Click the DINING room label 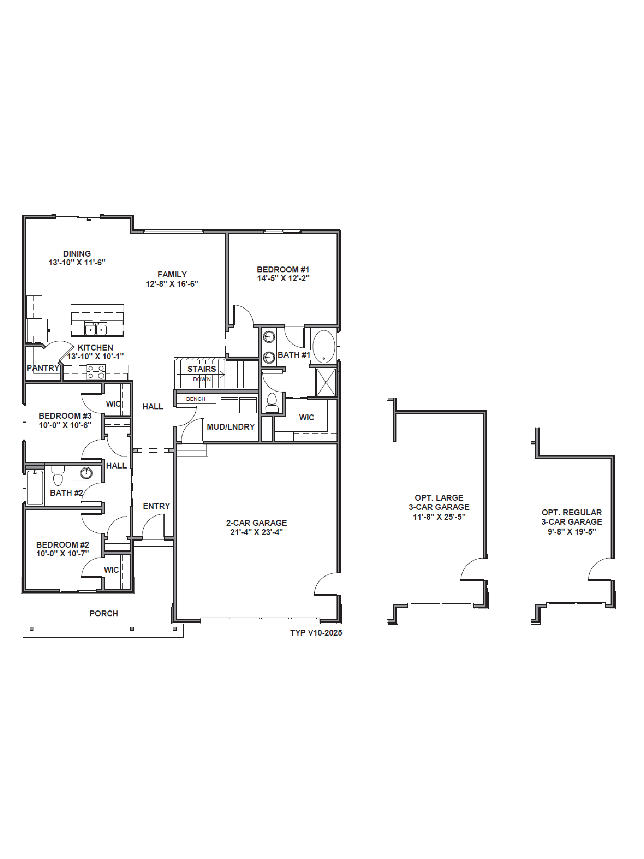point(77,254)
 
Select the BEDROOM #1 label point(283,269)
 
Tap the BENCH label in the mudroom point(196,399)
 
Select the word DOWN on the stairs point(202,379)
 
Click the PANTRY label point(43,368)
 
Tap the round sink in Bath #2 point(86,473)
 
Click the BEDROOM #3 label point(65,416)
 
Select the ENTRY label point(156,506)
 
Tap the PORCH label point(104,614)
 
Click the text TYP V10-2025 point(316,633)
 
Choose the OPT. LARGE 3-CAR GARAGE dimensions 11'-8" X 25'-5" point(439,517)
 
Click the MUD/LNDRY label point(231,427)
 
